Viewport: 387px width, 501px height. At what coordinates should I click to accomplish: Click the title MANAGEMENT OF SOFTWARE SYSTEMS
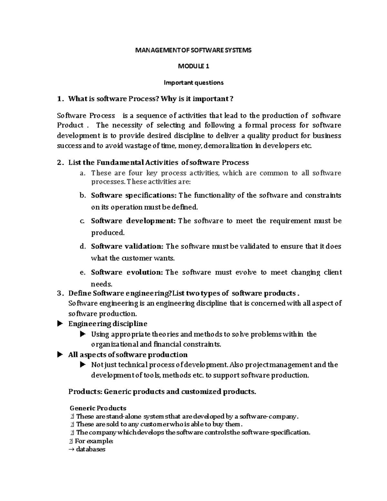coord(193,50)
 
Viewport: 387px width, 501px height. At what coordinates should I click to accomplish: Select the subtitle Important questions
coord(193,83)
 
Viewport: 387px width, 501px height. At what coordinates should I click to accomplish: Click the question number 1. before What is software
coord(60,99)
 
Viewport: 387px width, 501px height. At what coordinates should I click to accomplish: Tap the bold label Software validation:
coord(127,246)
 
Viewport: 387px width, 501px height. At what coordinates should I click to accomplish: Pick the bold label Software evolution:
coord(127,272)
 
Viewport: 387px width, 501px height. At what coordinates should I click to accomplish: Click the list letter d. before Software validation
coord(83,246)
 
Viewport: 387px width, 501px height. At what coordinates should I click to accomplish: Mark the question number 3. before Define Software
coord(60,293)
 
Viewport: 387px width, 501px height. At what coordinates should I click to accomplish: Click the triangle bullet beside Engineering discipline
coord(59,324)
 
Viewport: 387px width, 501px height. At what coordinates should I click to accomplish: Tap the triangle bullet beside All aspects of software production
coord(59,355)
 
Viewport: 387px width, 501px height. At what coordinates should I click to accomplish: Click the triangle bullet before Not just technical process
coord(83,365)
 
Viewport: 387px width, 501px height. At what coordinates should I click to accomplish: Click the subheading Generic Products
coord(98,408)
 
